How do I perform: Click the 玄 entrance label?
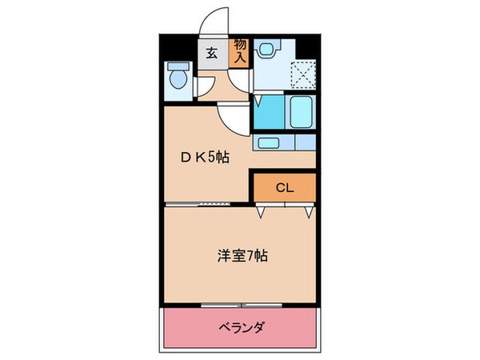click(212, 54)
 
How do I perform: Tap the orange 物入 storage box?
click(240, 52)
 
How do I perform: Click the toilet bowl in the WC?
click(178, 81)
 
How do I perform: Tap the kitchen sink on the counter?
click(268, 143)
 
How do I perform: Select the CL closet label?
click(285, 188)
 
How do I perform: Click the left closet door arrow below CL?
click(261, 213)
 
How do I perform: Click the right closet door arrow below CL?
click(309, 213)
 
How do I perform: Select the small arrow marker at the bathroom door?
click(258, 102)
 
